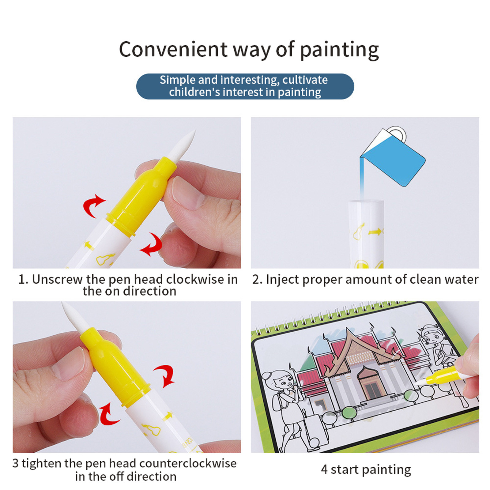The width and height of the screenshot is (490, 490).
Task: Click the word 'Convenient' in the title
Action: coord(173,49)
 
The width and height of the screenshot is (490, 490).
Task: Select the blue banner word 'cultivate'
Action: coord(305,80)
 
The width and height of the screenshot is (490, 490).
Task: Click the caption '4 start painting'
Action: coord(366,469)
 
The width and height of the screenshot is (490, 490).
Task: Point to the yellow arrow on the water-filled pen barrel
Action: coord(375,232)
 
